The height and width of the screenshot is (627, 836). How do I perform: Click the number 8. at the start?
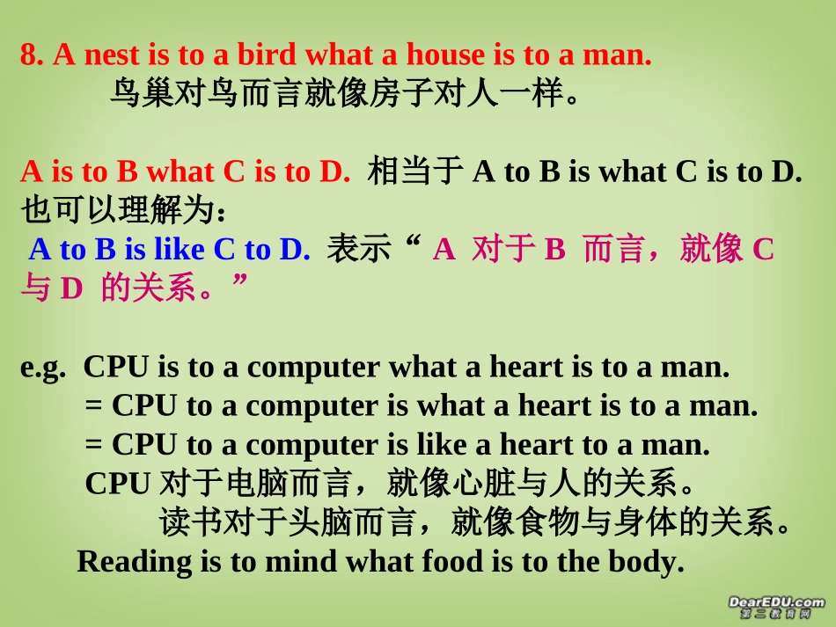[x=33, y=55]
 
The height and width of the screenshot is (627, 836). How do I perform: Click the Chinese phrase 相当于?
[x=414, y=171]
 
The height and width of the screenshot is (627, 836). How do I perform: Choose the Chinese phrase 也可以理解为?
[x=116, y=211]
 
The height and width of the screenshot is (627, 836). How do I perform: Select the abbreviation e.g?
[x=43, y=368]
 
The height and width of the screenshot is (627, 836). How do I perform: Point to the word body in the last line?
[x=647, y=561]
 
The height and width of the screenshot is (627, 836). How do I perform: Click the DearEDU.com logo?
[x=776, y=606]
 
